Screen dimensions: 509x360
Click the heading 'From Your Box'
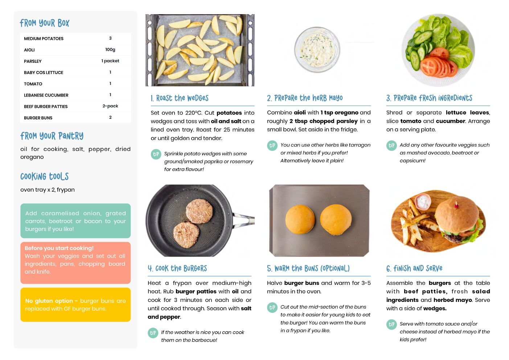point(45,23)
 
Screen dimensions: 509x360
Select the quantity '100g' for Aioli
point(110,50)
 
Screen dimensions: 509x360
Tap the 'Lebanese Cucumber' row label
point(46,95)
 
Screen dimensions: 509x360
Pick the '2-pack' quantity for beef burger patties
point(110,106)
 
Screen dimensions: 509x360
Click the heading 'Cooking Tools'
point(45,176)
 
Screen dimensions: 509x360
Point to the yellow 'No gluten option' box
point(75,304)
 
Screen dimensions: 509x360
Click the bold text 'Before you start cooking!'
point(59,248)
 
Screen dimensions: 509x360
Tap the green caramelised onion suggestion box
point(75,221)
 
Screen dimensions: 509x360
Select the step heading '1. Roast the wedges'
point(180,98)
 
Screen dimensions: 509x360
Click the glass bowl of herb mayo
point(317,50)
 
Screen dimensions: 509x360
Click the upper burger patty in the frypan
point(199,211)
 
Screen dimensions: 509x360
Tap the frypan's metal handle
point(243,218)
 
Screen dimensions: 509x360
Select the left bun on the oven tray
point(300,220)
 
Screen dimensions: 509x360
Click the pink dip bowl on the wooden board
point(423,201)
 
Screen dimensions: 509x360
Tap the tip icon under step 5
point(272,307)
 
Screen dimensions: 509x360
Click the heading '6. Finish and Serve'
point(414,269)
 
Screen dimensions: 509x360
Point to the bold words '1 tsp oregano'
point(339,112)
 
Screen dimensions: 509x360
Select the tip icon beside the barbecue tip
point(153,333)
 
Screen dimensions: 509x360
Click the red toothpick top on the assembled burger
point(456,206)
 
